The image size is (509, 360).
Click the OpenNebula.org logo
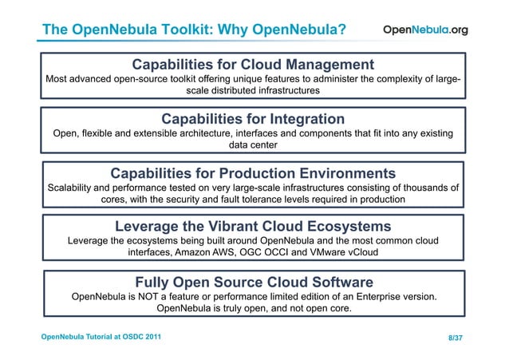pyautogui.click(x=426, y=30)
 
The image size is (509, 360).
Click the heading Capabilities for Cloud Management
pyautogui.click(x=253, y=64)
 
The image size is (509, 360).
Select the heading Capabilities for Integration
pyautogui.click(x=253, y=119)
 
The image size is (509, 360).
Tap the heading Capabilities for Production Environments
pyautogui.click(x=253, y=173)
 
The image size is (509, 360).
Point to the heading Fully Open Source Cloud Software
pyautogui.click(x=254, y=282)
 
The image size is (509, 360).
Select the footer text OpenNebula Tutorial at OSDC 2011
pyautogui.click(x=101, y=338)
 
